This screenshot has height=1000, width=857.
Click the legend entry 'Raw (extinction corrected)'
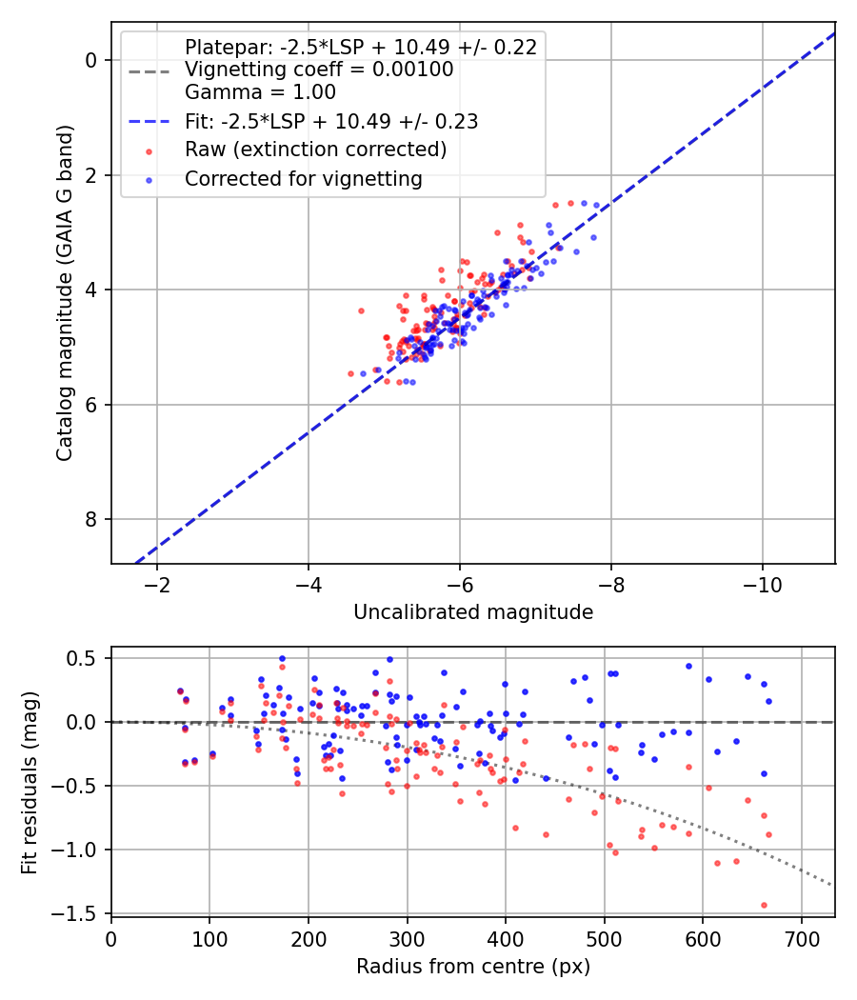coord(315,150)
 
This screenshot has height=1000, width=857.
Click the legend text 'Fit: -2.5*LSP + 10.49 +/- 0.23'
coord(330,121)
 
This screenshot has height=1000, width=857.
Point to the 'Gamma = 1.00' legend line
coord(260,92)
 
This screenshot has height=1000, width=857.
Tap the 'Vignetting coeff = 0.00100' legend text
coord(319,70)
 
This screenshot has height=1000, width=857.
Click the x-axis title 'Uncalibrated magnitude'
coord(473,612)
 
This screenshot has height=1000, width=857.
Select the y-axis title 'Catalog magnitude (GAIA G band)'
coord(64,286)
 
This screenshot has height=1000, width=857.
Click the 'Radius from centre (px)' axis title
coord(473,967)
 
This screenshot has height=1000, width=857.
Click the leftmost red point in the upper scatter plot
coord(350,374)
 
